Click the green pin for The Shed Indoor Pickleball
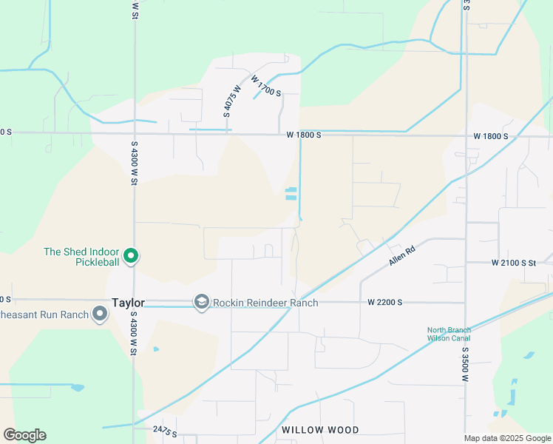pos(131,256)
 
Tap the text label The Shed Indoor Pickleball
pos(81,257)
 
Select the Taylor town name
pos(128,303)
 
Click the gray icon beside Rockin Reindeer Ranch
pos(201,302)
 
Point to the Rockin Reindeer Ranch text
pos(265,303)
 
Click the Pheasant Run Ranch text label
pos(44,314)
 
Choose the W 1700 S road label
pos(266,86)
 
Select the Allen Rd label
pos(404,257)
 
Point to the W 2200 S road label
pos(384,303)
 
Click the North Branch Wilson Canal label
pos(449,334)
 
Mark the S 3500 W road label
pos(466,363)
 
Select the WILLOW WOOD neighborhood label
pos(320,430)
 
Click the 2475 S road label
pos(165,430)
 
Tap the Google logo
pos(24,435)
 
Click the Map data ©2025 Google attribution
pos(506,438)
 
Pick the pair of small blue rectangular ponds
pos(291,194)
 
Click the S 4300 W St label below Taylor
pos(134,332)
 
